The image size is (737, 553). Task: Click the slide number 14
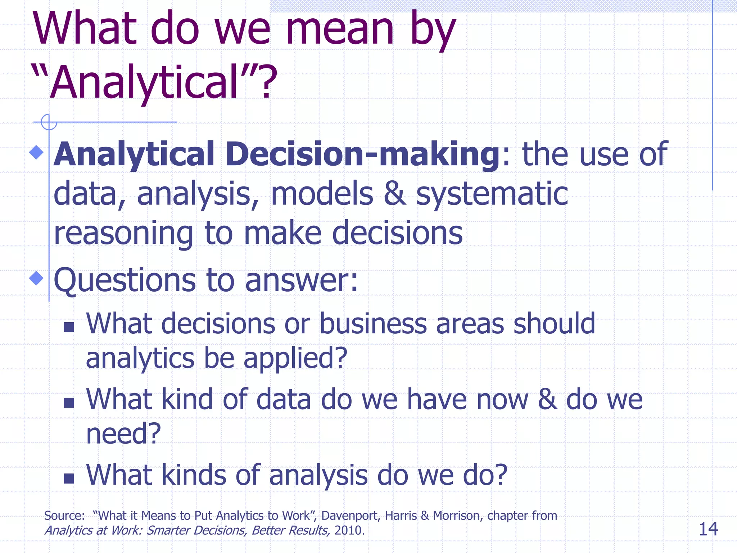coord(708,529)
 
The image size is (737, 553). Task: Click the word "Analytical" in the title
coord(144,82)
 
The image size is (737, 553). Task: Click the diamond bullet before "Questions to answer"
coord(36,278)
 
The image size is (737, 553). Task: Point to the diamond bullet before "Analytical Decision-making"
coord(36,152)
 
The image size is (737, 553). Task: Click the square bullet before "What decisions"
coord(69,327)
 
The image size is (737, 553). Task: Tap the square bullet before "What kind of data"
coord(69,403)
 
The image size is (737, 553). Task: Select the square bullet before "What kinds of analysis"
coord(69,478)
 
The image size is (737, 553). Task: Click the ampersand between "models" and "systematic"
coord(395,194)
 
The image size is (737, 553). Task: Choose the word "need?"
coord(123,433)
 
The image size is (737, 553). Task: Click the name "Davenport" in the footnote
coord(350,516)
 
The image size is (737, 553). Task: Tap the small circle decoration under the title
coord(49,122)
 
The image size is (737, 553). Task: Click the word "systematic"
coord(492,194)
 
